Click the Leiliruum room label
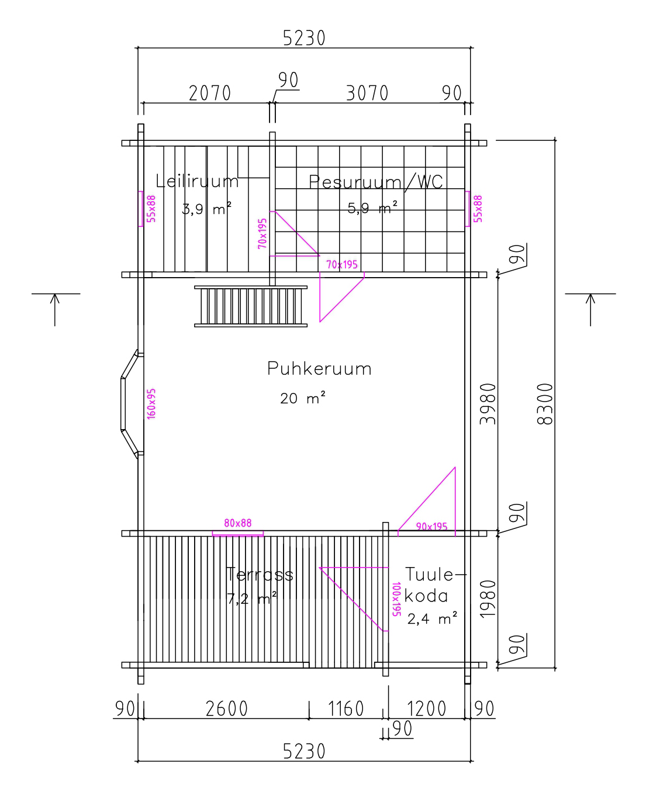196,181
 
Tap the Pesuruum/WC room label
376,182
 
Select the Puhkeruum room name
319,369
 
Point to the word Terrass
260,575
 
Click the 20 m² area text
303,398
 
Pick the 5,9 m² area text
372,208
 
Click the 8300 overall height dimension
545,404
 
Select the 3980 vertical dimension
488,404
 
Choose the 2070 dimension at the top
210,93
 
